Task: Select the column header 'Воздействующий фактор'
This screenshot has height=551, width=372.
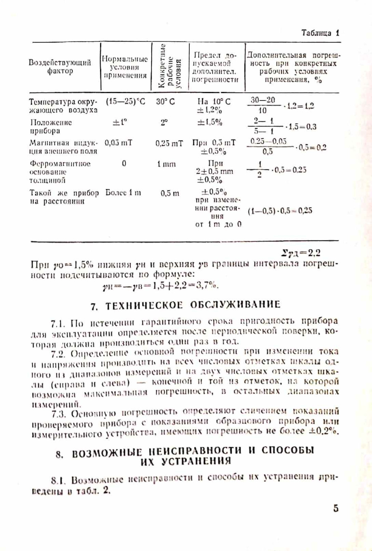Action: point(60,67)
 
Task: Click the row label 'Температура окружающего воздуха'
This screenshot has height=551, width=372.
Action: point(63,106)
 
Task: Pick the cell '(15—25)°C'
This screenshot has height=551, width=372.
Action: point(126,101)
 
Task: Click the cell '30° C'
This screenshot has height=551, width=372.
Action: point(165,101)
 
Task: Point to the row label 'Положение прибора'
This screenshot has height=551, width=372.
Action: point(51,127)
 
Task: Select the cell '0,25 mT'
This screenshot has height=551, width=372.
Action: point(169,143)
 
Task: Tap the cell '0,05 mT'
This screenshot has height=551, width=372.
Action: point(119,143)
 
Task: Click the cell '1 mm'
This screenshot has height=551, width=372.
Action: point(167,164)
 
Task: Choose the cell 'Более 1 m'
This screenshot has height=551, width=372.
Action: point(123,193)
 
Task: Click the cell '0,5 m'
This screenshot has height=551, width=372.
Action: point(170,193)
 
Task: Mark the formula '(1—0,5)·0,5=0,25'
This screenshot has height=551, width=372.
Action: point(280,211)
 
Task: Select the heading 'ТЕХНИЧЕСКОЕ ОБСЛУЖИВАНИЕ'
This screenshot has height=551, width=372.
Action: point(193,305)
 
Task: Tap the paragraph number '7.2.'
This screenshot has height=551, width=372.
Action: point(59,353)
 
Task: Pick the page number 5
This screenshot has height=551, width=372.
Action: point(336,508)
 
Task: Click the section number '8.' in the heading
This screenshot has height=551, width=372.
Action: point(60,453)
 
